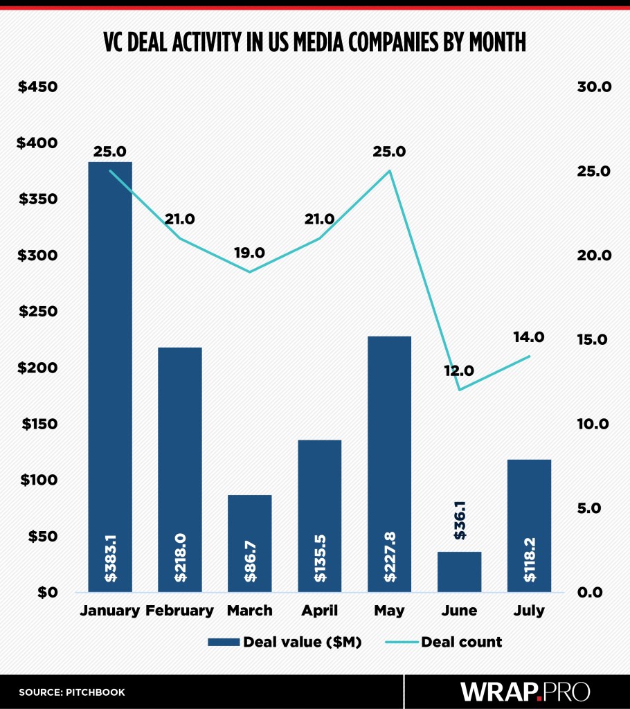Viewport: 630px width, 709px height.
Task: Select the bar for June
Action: click(x=459, y=571)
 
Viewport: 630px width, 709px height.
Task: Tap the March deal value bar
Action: click(x=250, y=543)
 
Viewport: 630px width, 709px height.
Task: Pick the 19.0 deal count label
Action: click(x=249, y=253)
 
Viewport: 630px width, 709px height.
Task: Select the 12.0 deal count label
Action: click(x=459, y=370)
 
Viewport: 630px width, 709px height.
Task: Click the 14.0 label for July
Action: click(x=529, y=337)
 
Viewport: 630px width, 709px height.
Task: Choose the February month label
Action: click(x=180, y=611)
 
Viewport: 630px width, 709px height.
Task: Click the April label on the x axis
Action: click(x=319, y=611)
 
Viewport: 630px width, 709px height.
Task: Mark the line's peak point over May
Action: click(x=390, y=171)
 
